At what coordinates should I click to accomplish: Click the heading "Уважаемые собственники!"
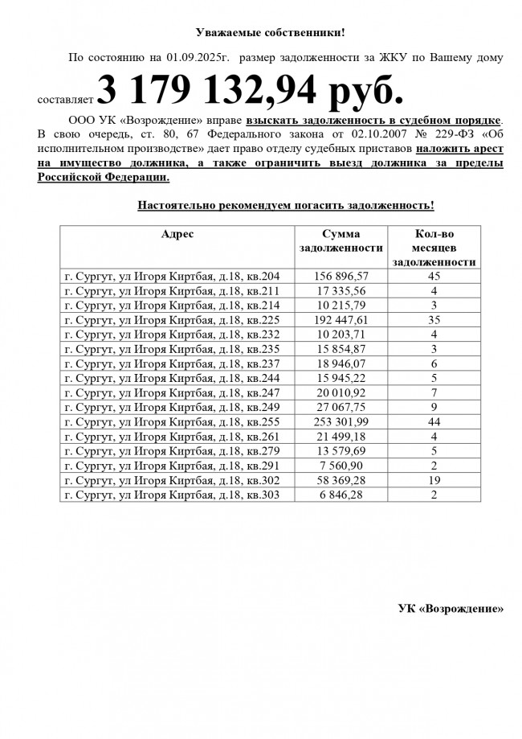[271, 32]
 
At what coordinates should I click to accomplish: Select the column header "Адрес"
[177, 233]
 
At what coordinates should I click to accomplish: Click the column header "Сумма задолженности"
[341, 240]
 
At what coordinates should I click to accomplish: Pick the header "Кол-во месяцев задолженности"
[434, 248]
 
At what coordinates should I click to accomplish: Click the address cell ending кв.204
[172, 276]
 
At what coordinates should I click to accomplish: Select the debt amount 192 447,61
[341, 319]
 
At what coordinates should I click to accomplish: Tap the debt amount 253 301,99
[341, 422]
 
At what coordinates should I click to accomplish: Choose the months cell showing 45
[434, 276]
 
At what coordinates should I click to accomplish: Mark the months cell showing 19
[434, 481]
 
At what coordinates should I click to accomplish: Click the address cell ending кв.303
[172, 495]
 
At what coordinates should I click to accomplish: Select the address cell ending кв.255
[172, 422]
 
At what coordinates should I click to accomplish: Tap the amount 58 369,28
[341, 481]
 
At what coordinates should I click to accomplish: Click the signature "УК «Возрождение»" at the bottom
[451, 608]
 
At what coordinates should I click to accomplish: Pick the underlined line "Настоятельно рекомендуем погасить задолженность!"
[286, 206]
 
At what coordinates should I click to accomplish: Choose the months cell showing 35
[434, 319]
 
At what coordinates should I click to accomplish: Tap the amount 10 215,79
[341, 305]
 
